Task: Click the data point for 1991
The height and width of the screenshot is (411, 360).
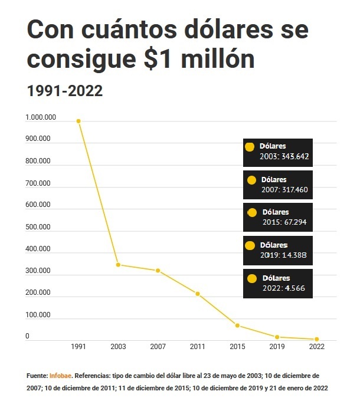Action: pyautogui.click(x=78, y=121)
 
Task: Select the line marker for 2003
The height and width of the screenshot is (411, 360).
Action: pyautogui.click(x=118, y=265)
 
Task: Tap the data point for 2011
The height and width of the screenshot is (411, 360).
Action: pyautogui.click(x=198, y=294)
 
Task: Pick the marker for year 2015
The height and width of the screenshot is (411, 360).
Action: pyautogui.click(x=237, y=325)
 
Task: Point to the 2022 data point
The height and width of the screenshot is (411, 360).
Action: pyautogui.click(x=317, y=339)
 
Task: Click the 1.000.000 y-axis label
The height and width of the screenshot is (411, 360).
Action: pyautogui.click(x=41, y=118)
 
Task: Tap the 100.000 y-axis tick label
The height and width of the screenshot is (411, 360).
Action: pyautogui.click(x=38, y=315)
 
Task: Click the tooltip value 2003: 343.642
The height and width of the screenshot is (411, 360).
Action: pyautogui.click(x=284, y=157)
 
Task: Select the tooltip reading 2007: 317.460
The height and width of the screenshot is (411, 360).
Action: pyautogui.click(x=285, y=190)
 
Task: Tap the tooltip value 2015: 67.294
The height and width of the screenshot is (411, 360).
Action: pyautogui.click(x=284, y=222)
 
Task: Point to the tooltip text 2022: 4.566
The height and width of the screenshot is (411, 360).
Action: pyautogui.click(x=283, y=288)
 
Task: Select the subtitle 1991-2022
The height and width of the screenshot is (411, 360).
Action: pyautogui.click(x=65, y=91)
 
